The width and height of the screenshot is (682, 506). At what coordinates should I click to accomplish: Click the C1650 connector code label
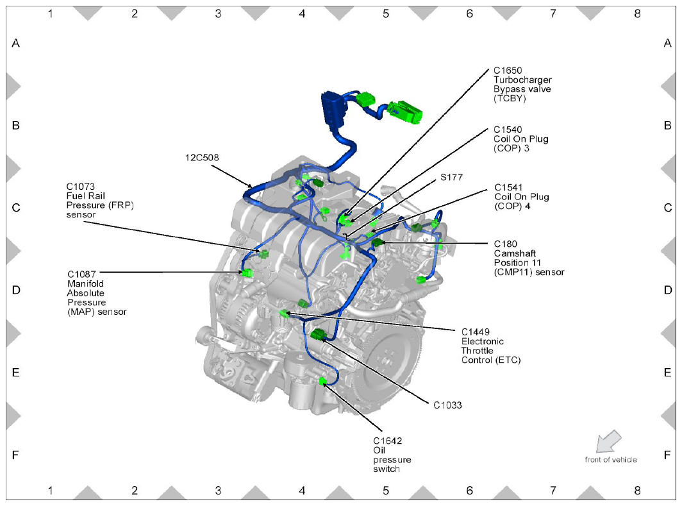(508, 71)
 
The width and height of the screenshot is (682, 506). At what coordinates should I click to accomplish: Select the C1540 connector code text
(508, 130)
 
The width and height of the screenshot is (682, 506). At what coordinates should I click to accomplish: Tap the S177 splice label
(451, 176)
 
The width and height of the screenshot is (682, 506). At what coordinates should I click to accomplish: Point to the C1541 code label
(508, 188)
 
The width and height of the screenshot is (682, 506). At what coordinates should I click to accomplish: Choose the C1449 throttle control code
(475, 332)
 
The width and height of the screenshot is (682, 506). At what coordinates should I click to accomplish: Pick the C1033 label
(447, 405)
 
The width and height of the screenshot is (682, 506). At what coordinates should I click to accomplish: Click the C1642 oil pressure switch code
(388, 441)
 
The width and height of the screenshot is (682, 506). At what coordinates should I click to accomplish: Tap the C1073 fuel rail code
(81, 187)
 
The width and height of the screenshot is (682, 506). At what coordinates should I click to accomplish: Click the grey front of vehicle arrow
(608, 442)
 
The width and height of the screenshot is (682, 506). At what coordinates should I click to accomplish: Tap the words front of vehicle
(611, 459)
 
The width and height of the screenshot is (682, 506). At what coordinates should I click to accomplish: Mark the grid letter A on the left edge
(16, 44)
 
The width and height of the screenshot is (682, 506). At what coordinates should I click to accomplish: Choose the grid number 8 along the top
(636, 13)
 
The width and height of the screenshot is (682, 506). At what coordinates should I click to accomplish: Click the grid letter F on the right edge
(667, 455)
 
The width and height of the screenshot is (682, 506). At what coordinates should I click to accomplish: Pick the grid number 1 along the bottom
(50, 491)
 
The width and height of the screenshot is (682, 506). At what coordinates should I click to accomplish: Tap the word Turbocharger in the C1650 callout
(522, 80)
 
